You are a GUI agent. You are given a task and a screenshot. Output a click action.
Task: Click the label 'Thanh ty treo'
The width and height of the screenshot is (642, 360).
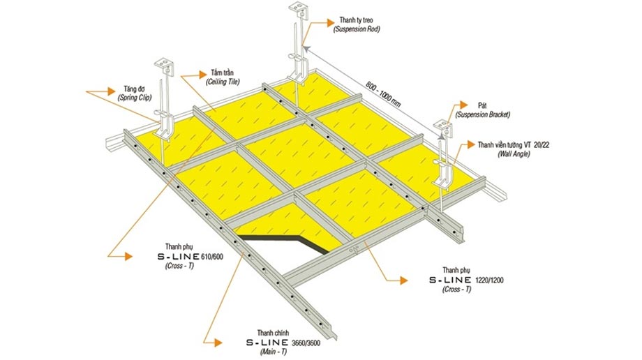pos(356,20)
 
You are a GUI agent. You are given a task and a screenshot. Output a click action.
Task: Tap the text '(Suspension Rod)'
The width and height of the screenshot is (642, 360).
pos(356,29)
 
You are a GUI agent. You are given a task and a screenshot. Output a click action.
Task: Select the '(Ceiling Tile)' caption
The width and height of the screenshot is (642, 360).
pos(223,82)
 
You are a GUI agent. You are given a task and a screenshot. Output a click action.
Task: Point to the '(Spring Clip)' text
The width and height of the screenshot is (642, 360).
pos(135,98)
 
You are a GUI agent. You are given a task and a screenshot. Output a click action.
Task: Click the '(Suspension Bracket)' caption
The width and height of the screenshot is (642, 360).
pos(483,114)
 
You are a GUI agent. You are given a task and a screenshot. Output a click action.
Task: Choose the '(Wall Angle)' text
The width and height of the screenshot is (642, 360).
pos(514,154)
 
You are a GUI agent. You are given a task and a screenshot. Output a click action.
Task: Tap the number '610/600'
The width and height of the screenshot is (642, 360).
pos(212,257)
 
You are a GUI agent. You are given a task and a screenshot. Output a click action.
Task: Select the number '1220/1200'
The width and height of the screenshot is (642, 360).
pos(489,280)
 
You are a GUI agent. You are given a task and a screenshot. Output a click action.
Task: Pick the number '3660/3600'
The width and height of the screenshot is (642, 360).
pos(306,343)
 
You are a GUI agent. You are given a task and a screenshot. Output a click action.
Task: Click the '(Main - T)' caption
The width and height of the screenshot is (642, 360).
pos(273,352)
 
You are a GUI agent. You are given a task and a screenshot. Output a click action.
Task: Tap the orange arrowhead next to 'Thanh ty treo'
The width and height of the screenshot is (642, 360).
pos(330,22)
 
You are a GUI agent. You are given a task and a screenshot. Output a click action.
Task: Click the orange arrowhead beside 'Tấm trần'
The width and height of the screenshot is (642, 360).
pos(202,74)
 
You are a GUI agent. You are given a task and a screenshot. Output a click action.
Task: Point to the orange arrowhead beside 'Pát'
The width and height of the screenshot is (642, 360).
pos(463,105)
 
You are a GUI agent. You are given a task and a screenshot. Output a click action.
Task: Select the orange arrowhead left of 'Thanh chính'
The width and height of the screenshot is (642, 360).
pos(218,343)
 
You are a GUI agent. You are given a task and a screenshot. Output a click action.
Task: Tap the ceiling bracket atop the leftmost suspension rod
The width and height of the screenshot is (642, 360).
pos(165,66)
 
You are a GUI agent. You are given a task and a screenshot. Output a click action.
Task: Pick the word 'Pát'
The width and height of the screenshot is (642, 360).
pos(482,105)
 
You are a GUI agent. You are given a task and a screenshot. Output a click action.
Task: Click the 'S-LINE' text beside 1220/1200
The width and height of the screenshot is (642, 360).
pos(450,280)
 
